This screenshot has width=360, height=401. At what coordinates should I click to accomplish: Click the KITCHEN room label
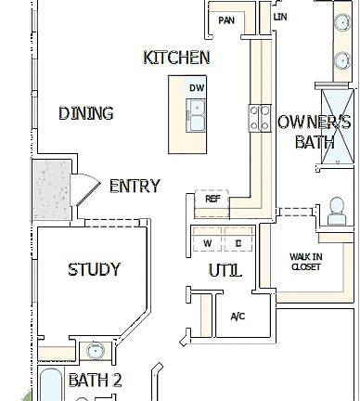(176, 58)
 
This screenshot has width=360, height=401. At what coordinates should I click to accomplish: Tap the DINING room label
(85, 113)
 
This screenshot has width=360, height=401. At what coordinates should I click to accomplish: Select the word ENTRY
(135, 186)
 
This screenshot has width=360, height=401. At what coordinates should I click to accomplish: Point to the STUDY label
(94, 270)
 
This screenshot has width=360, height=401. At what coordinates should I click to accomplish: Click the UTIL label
(225, 271)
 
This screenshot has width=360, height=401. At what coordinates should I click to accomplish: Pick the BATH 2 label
(95, 380)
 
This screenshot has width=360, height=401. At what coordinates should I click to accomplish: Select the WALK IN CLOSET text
(304, 261)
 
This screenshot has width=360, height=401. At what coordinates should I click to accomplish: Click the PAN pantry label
(225, 20)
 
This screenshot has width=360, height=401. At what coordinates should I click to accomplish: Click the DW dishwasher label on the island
(196, 88)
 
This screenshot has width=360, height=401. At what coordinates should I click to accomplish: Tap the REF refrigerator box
(212, 199)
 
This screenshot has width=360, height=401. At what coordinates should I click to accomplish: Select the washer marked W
(206, 244)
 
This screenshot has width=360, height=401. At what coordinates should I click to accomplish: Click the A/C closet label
(238, 317)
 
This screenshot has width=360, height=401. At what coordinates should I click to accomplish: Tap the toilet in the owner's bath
(336, 213)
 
